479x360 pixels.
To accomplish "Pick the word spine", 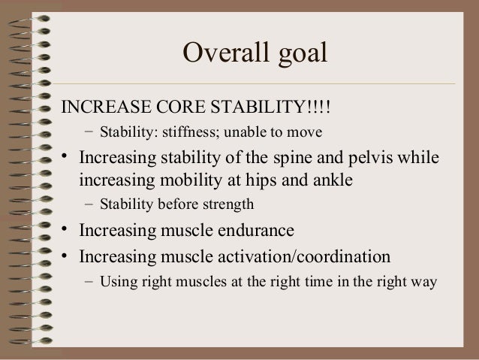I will [x=271, y=159].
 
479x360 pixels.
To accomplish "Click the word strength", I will [x=228, y=205].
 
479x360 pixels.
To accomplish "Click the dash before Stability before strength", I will [x=89, y=205].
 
